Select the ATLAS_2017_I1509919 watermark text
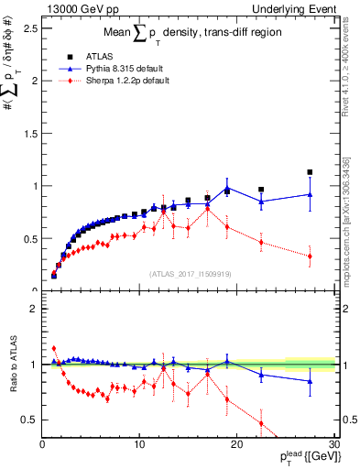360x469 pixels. coord(191,273)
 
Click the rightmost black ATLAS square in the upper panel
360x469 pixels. coord(310,172)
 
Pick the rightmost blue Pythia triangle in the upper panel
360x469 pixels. coord(310,194)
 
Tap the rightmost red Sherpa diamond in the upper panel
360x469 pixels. coord(310,256)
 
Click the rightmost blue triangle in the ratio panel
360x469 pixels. coord(310,381)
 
